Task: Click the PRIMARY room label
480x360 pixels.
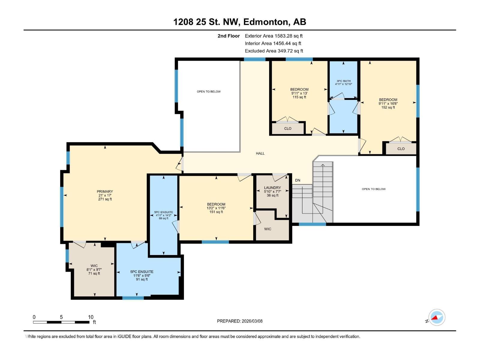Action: pos(105,191)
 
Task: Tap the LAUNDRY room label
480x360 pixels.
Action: pos(272,187)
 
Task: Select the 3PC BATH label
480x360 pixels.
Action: pos(343,81)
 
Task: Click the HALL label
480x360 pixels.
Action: pos(260,153)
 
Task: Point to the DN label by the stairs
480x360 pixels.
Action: pos(298,180)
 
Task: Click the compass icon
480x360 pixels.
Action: pos(436,317)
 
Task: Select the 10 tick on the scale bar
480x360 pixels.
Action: pos(91,317)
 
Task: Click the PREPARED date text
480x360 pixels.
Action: pos(240,321)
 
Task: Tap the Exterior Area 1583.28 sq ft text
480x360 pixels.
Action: pos(274,36)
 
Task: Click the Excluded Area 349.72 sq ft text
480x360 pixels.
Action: pos(274,51)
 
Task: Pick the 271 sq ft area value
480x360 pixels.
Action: pos(105,199)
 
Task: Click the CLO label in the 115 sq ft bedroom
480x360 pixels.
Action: pos(288,128)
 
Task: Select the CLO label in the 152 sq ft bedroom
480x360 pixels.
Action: pos(401,148)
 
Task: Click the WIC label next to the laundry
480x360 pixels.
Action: pos(268,229)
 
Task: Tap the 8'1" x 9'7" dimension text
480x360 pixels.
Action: pos(94,270)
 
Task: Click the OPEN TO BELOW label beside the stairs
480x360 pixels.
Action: pos(373,189)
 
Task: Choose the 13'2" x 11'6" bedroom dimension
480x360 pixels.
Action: pos(216,208)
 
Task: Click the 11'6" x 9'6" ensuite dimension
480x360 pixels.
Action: pos(142,275)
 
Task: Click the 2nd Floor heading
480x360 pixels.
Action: pos(229,36)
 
